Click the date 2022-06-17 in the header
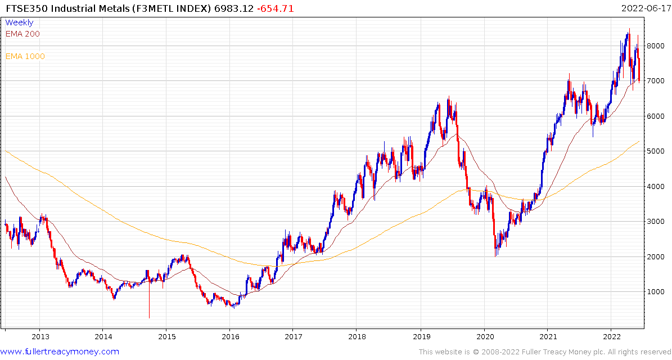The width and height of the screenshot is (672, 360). [x=646, y=8]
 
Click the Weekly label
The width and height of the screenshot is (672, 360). [x=19, y=22]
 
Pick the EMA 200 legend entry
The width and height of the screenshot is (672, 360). [x=22, y=34]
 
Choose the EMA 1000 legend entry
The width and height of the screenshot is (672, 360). [x=25, y=56]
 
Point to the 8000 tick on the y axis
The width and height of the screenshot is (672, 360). [x=655, y=46]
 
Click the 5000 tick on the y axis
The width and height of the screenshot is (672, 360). [x=655, y=151]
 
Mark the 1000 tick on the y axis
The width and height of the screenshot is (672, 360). [x=655, y=292]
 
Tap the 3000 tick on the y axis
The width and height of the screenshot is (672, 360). [x=655, y=222]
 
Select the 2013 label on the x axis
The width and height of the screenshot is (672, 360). [x=39, y=337]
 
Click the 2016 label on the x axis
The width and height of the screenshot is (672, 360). [x=229, y=337]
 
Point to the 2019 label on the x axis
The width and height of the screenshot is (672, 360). [x=420, y=337]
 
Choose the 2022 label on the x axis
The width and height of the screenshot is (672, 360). [x=611, y=337]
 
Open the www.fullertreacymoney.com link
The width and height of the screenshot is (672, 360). [x=60, y=352]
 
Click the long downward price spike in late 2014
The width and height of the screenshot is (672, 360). [x=149, y=304]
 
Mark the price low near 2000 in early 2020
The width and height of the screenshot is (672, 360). [x=495, y=254]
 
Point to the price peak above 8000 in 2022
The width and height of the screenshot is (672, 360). [x=629, y=30]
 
